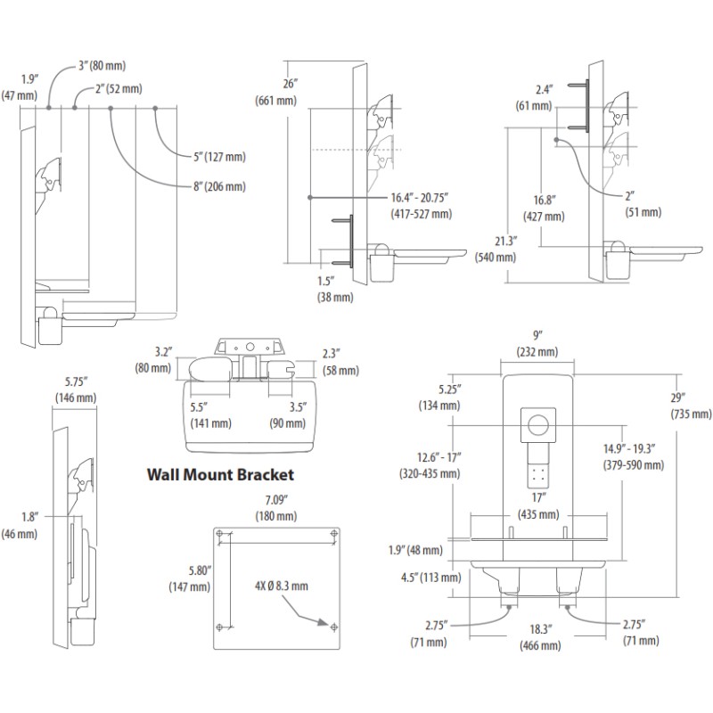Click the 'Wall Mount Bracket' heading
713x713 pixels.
coord(220,475)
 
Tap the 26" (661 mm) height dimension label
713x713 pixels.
coord(275,91)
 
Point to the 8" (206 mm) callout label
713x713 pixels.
coord(211,186)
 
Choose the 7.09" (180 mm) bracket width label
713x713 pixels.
coord(275,507)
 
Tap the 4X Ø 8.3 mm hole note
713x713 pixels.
coord(281,586)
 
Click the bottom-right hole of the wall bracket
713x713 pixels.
coord(334,627)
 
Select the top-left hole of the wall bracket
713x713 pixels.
coord(219,534)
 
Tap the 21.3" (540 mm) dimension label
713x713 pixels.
coord(497,248)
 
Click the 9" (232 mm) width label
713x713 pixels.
coord(537,345)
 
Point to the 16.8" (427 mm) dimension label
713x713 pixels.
coord(544,208)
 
